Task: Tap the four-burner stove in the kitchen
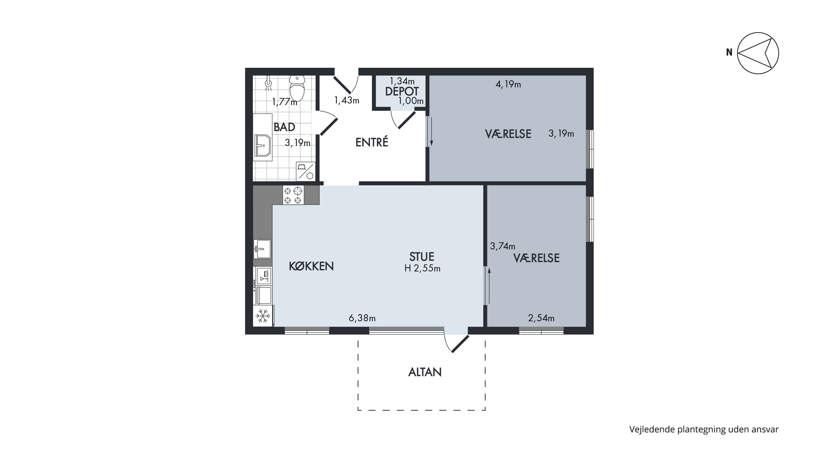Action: (x=293, y=195)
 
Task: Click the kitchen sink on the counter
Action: (x=262, y=249)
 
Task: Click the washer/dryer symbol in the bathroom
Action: (x=306, y=171)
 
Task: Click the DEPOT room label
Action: (x=402, y=91)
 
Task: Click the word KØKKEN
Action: (x=311, y=266)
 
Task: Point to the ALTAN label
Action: (x=425, y=372)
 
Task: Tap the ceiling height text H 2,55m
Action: (x=422, y=269)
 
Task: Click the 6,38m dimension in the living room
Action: (x=362, y=318)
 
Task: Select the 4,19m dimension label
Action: (x=508, y=84)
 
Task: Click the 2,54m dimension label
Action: (x=541, y=318)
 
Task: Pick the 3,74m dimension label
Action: (x=502, y=246)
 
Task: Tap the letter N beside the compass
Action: (x=729, y=52)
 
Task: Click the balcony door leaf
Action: (x=460, y=344)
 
